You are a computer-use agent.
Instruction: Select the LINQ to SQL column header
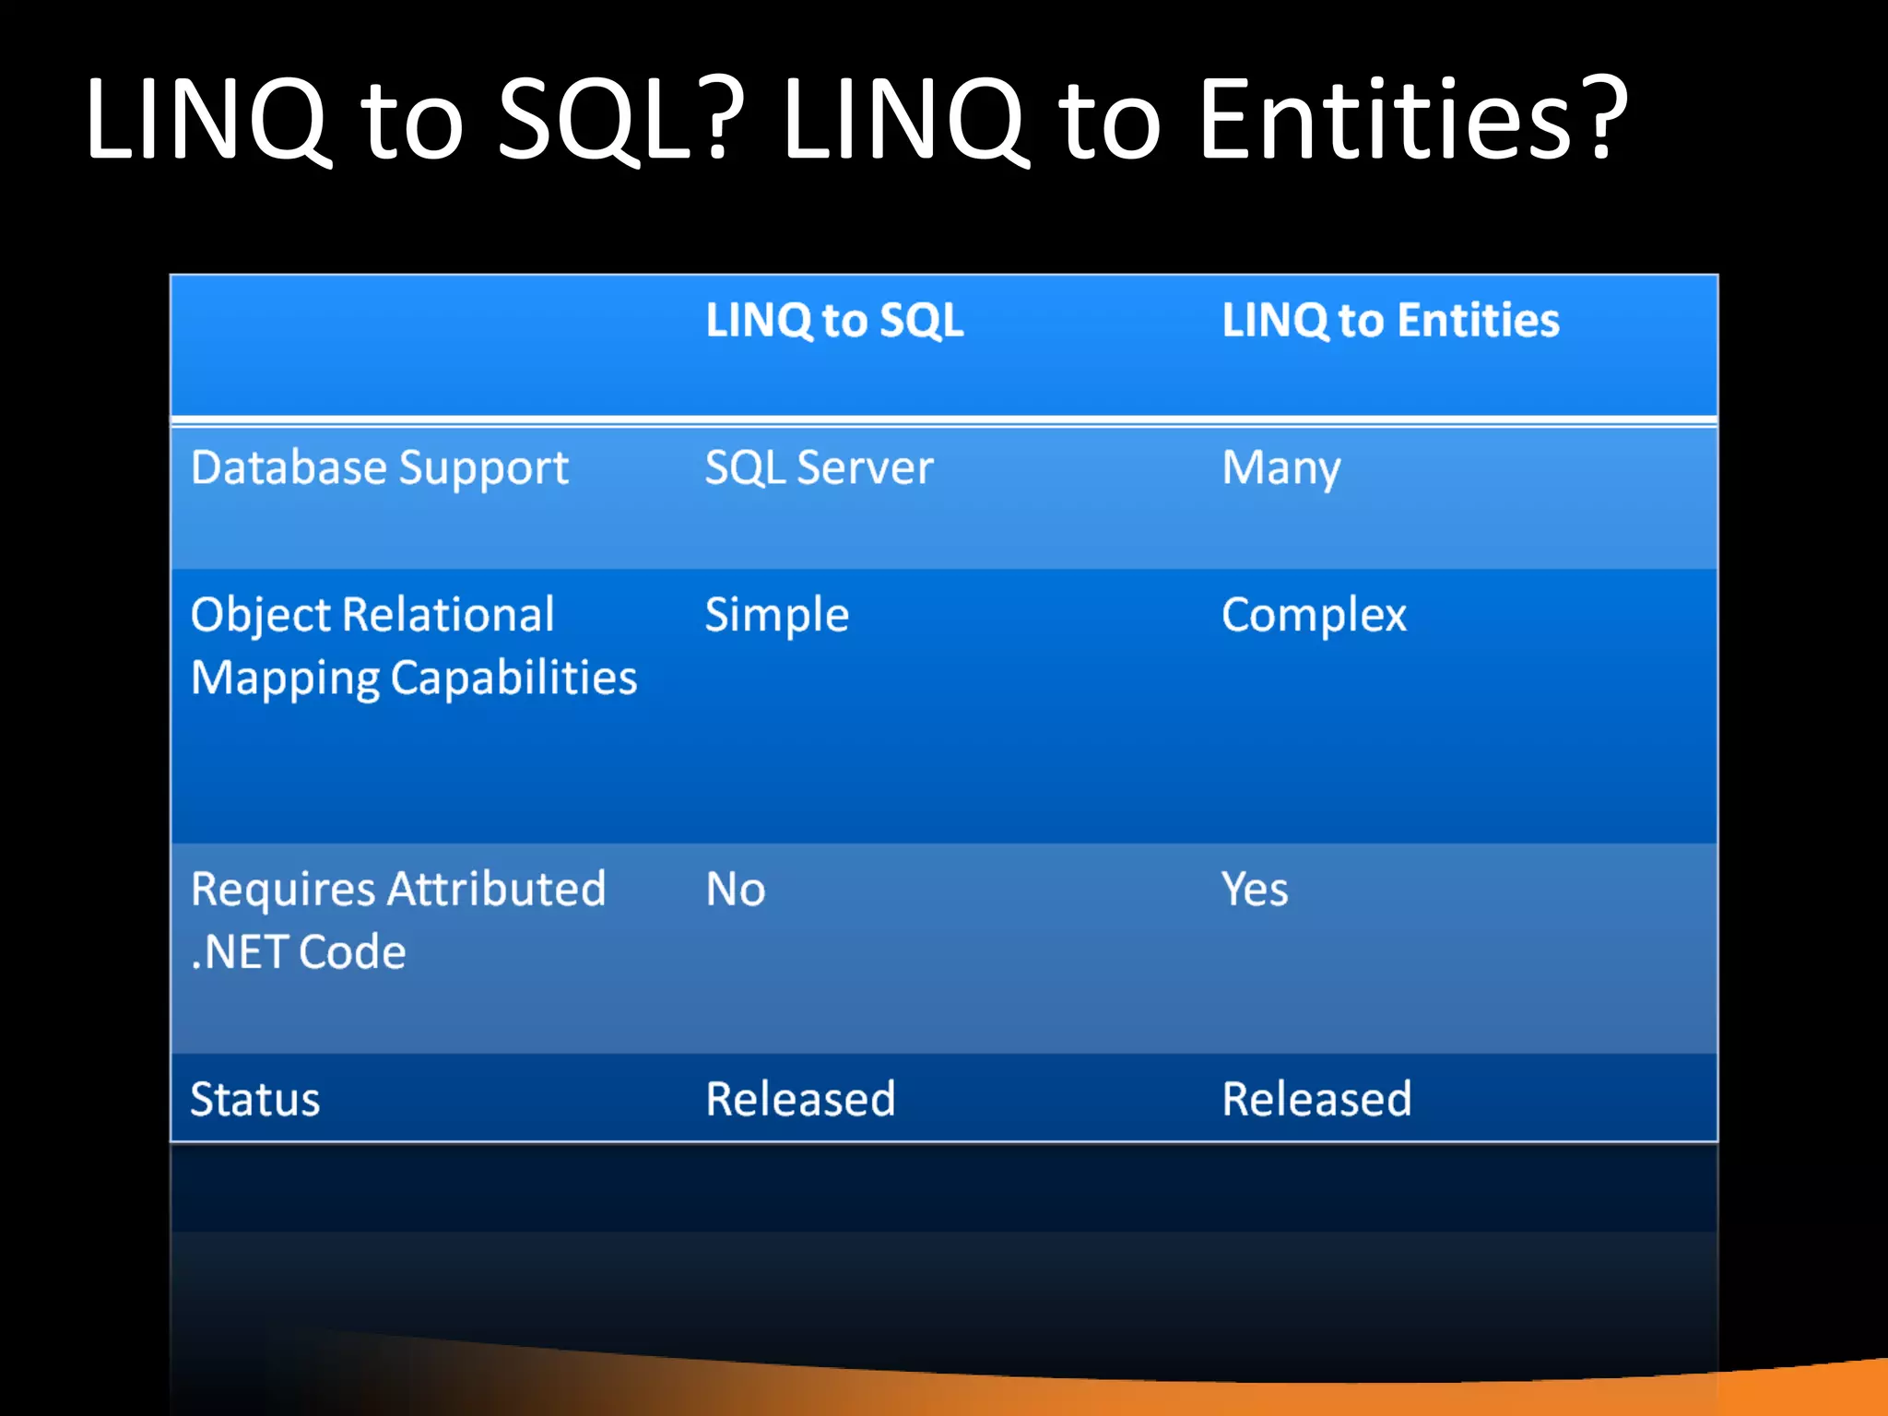coord(834,321)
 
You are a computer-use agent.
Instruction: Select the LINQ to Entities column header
coord(1390,321)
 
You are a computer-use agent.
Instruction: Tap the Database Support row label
coord(379,468)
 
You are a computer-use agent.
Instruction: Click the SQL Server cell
coord(819,468)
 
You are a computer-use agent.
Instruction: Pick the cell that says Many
coord(1280,468)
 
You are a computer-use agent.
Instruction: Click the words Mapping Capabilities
coord(413,678)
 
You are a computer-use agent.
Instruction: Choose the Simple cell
coord(776,615)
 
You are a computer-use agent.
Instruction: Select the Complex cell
coord(1314,615)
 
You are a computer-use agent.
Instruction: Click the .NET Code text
coord(298,952)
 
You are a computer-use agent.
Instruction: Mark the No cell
coord(735,890)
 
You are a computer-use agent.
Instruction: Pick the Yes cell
coord(1254,890)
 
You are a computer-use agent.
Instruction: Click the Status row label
coord(254,1099)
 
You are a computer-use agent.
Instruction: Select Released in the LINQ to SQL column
coord(800,1099)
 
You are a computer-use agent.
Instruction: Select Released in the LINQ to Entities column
coord(1316,1099)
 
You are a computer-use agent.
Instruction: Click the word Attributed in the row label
coord(496,890)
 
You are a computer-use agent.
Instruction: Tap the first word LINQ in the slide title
coord(207,120)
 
